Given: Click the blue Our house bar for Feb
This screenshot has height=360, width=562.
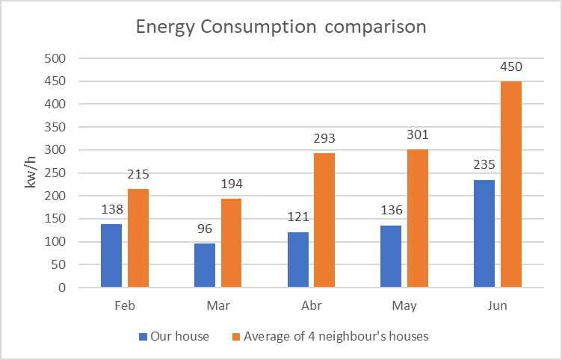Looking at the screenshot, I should point(111,255).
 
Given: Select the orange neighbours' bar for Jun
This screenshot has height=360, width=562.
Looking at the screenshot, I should point(511,184).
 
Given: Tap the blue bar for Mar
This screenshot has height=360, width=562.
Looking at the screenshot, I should point(205,265).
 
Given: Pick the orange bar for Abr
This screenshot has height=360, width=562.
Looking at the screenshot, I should point(324,220).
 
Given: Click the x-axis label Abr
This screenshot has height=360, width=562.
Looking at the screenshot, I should point(311,306).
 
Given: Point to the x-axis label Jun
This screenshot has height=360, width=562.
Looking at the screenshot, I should point(498,306).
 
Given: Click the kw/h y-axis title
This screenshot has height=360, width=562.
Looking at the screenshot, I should point(31,173).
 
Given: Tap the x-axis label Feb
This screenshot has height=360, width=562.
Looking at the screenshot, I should point(125,306).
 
